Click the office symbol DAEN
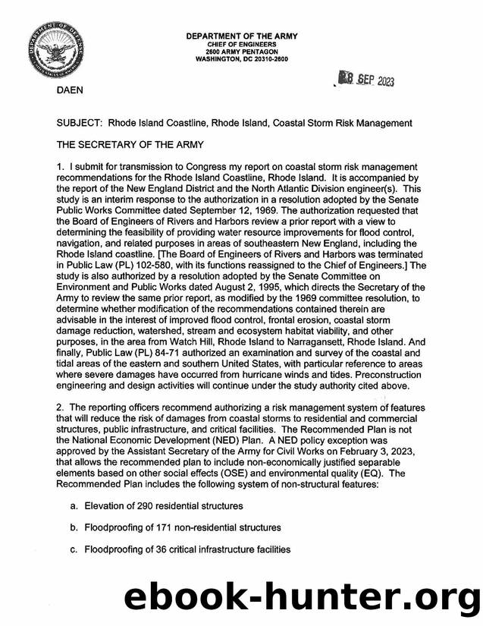click(x=73, y=90)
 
